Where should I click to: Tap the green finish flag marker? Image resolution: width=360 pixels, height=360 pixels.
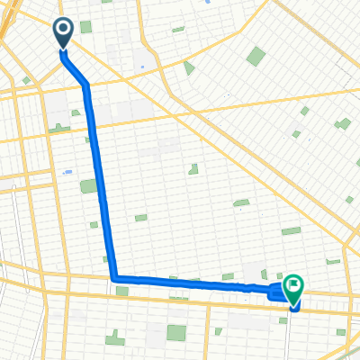tap(293, 287)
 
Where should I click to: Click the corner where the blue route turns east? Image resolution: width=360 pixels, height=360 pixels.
tap(114, 278)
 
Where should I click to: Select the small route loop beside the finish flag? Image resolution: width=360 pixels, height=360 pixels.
tap(278, 291)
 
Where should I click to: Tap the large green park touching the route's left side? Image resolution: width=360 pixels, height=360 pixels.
tap(88, 186)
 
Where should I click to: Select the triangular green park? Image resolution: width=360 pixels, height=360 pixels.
tap(188, 67)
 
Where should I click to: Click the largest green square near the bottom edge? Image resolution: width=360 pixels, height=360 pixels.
tap(175, 334)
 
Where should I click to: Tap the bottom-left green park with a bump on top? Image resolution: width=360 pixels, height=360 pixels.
tap(115, 338)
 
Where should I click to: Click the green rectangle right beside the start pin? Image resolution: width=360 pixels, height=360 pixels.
tap(85, 27)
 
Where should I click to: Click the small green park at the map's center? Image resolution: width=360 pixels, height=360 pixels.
tap(193, 169)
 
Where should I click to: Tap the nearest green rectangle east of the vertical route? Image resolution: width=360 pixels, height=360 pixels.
tap(140, 218)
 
